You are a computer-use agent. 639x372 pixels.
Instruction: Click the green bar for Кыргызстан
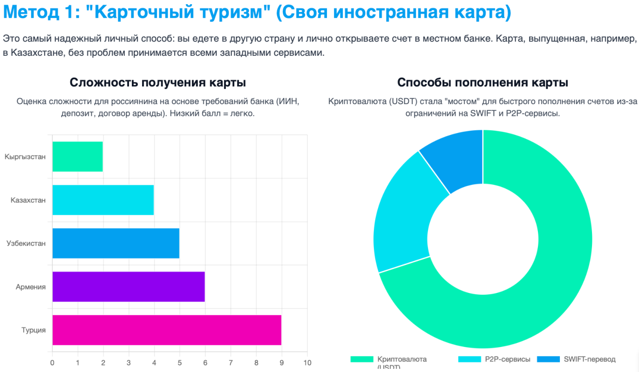77,156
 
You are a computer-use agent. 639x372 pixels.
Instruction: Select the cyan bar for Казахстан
103,200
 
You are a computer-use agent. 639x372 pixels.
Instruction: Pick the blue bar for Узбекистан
116,243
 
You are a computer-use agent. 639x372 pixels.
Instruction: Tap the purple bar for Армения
128,286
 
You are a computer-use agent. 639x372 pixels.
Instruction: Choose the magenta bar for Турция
167,330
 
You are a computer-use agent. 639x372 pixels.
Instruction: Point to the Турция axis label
34,330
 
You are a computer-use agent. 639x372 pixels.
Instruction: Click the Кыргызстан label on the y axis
25,157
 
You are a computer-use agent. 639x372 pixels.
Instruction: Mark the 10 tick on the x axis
306,362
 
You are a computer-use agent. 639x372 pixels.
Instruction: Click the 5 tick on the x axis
179,362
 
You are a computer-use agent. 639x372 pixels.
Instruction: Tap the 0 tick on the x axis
52,362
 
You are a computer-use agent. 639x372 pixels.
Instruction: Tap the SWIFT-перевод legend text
589,359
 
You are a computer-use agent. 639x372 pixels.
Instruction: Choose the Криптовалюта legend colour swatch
362,359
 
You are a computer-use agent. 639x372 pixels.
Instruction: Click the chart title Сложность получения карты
158,83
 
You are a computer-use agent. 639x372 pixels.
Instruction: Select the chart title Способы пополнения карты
483,83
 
